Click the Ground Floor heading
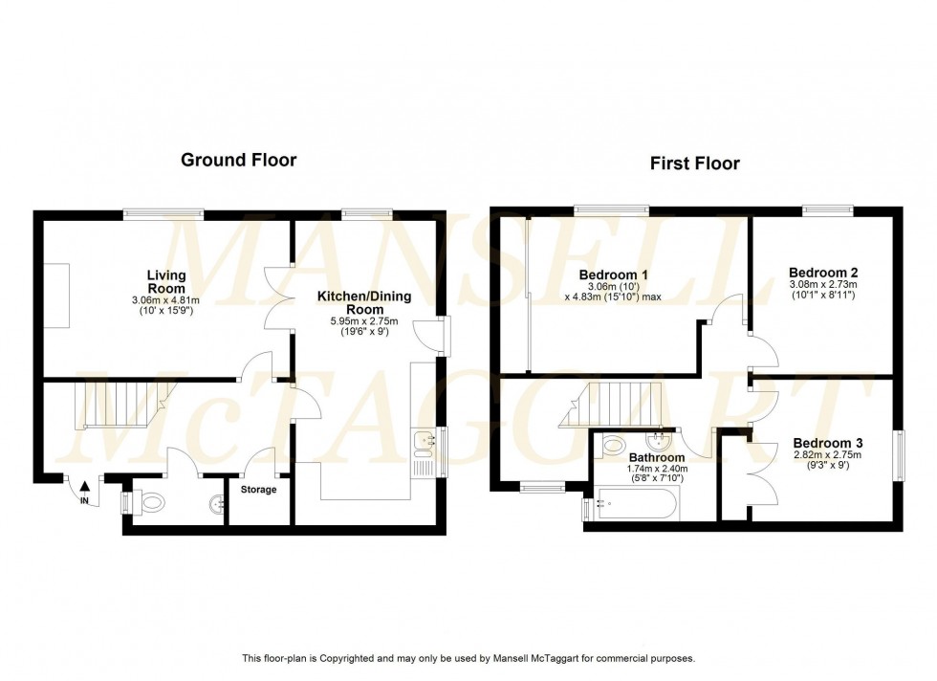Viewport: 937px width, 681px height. pos(238,160)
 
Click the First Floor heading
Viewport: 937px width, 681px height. pos(694,164)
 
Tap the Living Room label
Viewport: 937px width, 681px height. pos(165,282)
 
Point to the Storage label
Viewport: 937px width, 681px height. pos(258,490)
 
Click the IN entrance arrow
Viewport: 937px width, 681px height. pos(84,489)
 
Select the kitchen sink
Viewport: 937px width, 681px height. pos(423,442)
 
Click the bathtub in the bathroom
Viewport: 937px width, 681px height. pos(636,502)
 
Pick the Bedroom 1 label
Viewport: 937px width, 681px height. pos(614,275)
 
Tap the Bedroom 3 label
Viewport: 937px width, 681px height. pos(828,443)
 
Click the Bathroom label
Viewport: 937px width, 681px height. pos(656,458)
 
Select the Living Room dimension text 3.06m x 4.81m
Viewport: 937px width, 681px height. pos(165,300)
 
